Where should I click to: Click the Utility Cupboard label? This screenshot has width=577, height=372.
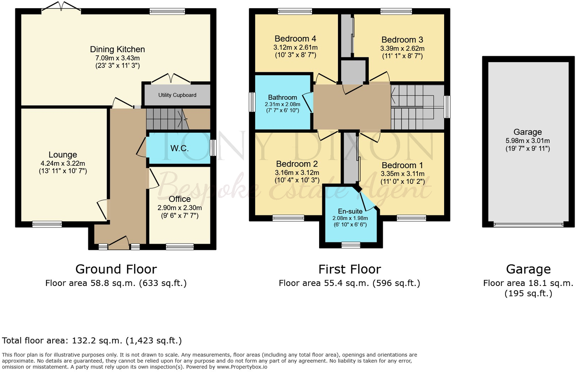point(177,95)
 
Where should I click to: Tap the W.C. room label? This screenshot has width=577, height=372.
point(180,148)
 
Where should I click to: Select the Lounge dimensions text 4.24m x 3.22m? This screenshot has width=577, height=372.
point(63,163)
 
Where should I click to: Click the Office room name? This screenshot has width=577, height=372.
point(180,199)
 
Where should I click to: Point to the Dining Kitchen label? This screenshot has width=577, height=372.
point(118,49)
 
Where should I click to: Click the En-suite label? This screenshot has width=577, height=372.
point(350,211)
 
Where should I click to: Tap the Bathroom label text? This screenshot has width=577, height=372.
point(283,97)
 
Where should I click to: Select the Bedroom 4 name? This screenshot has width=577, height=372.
point(295,39)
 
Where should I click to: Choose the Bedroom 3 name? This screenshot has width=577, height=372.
point(402,40)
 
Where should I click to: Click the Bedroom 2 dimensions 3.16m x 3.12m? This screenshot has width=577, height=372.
point(297,173)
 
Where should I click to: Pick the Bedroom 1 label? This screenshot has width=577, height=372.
point(402,165)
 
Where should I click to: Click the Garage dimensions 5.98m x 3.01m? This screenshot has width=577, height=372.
point(527,141)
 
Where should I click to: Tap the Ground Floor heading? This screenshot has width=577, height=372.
point(116,269)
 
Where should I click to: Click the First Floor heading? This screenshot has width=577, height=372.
point(349,269)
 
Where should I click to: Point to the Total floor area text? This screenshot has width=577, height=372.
point(92,341)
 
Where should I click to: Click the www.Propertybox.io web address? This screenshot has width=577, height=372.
point(242,367)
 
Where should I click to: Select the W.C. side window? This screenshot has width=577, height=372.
point(213,148)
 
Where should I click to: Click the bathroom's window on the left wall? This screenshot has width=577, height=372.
point(252,102)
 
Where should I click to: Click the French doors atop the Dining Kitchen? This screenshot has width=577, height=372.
point(61,7)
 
